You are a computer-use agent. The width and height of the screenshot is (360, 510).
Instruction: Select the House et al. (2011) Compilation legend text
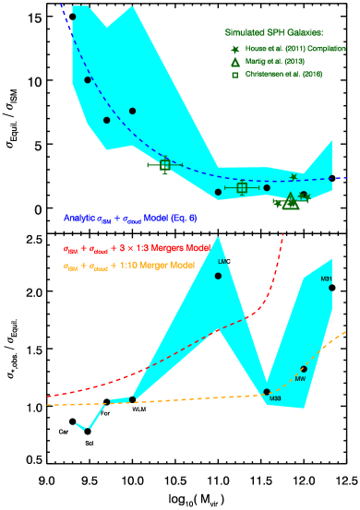(x=294, y=48)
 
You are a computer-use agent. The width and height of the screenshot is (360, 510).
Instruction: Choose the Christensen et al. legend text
(x=285, y=74)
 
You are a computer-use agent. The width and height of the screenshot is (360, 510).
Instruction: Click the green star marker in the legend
(x=235, y=48)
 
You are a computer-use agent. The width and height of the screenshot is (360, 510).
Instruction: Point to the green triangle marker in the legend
(x=235, y=61)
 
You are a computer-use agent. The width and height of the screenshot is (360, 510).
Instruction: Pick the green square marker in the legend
(x=235, y=74)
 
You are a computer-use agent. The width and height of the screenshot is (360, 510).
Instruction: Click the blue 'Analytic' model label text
(x=130, y=219)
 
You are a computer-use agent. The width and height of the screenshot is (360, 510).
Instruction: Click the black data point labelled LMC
(x=219, y=276)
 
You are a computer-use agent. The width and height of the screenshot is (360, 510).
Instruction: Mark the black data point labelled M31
(x=331, y=288)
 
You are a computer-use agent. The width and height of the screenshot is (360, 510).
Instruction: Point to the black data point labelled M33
(x=267, y=392)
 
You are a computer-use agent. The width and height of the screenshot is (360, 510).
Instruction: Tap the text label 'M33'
(x=275, y=399)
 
